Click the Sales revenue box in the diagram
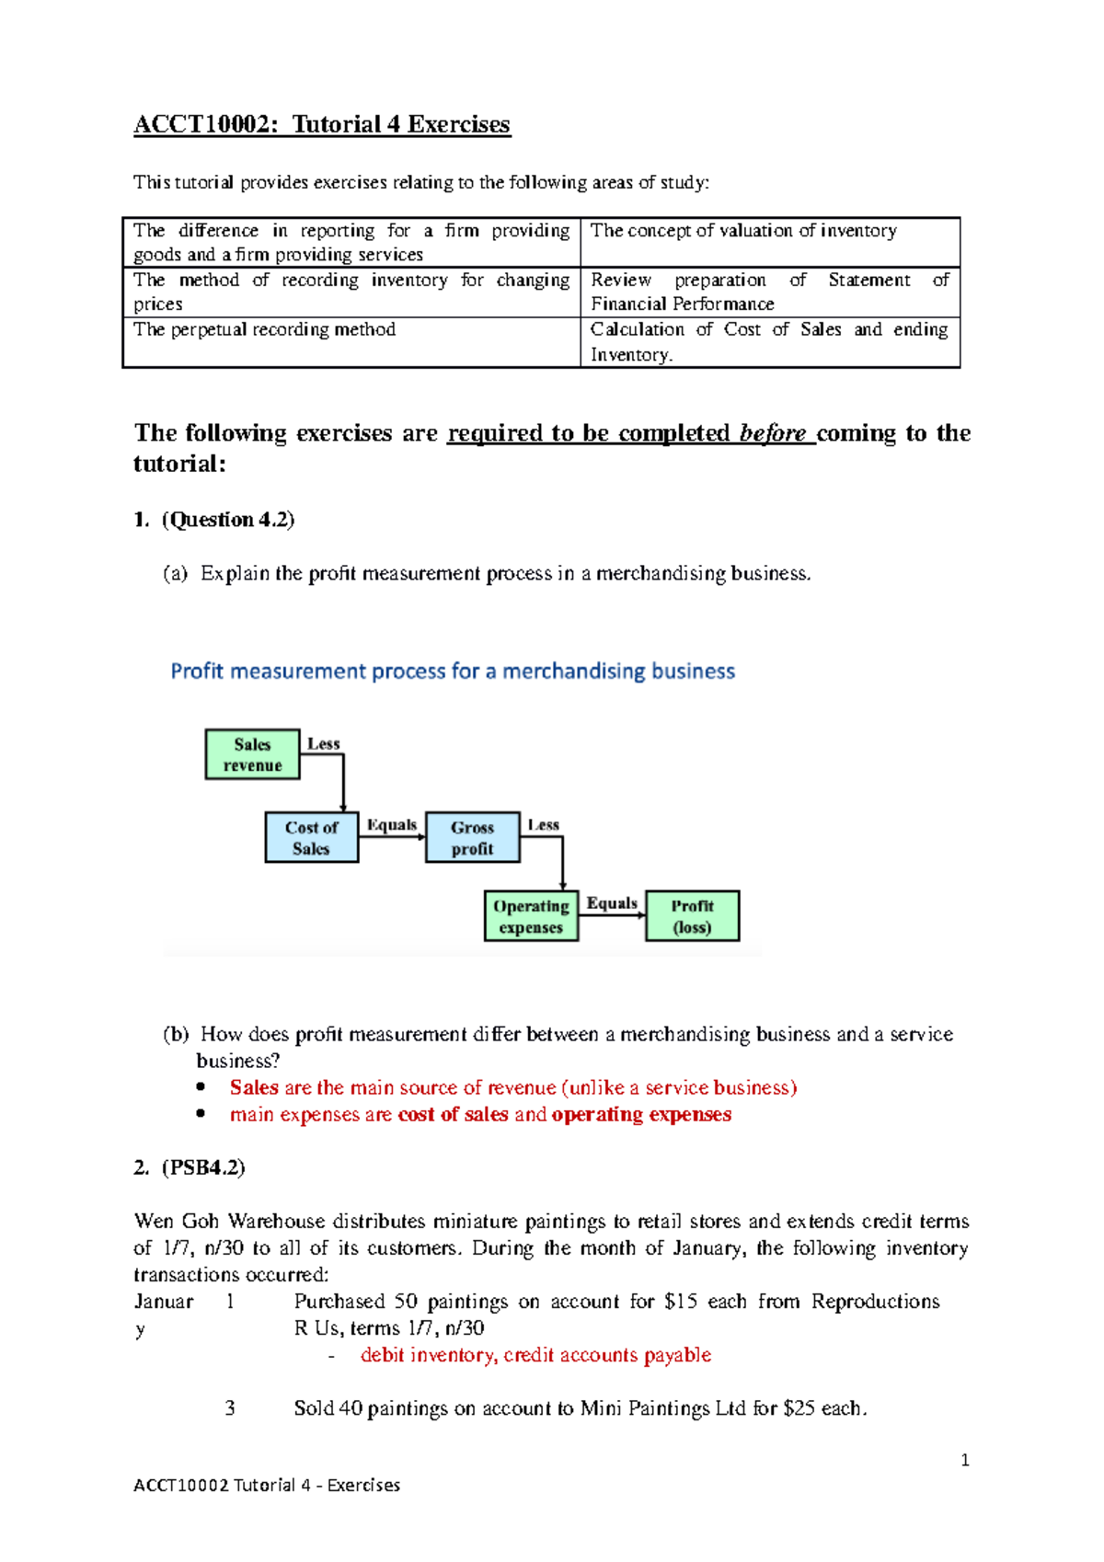[252, 754]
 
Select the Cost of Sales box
[311, 837]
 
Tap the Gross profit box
[472, 837]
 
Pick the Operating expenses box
[531, 916]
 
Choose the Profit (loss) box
[692, 916]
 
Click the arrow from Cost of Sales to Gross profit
[392, 837]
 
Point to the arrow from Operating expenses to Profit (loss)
[612, 915]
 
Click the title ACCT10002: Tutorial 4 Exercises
[322, 124]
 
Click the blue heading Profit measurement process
[453, 671]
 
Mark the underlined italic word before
[772, 432]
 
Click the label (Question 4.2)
[228, 520]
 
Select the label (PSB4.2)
[203, 1167]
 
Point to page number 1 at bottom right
[964, 1460]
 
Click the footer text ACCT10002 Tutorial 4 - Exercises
[267, 1485]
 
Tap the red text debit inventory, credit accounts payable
[535, 1355]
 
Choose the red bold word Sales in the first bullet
[254, 1087]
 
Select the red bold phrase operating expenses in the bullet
[641, 1114]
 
